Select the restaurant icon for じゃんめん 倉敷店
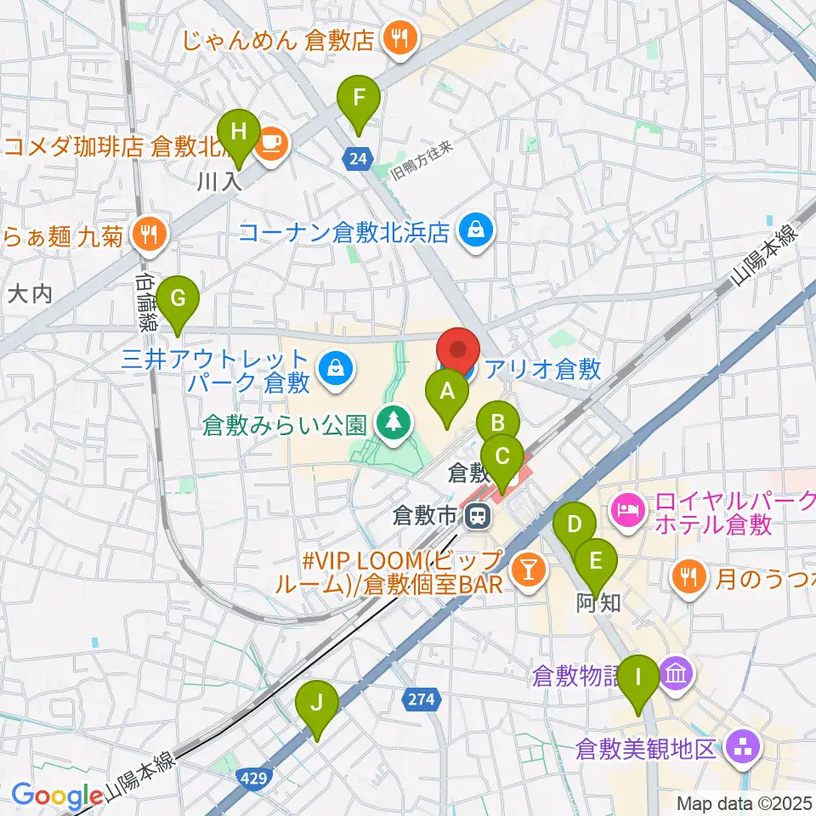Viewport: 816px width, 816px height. point(397,37)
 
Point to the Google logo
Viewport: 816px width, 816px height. point(56,796)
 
